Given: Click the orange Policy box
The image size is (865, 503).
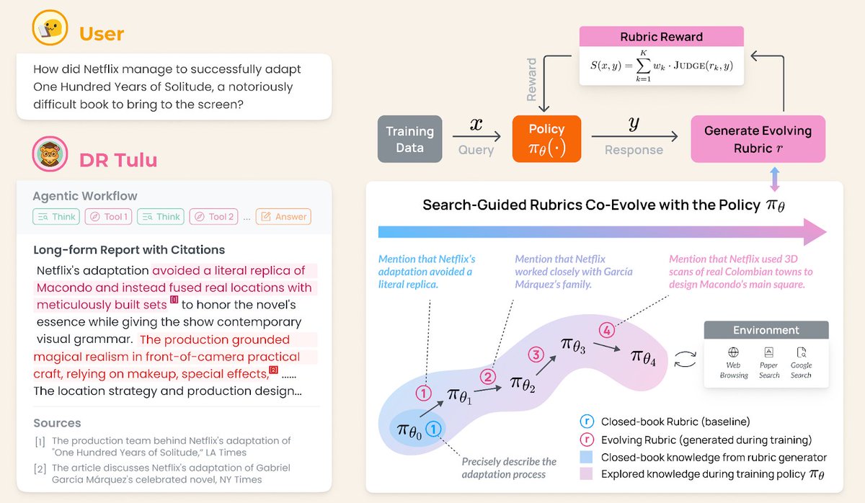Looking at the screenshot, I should click(x=546, y=138).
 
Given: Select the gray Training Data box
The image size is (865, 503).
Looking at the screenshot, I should click(x=409, y=139).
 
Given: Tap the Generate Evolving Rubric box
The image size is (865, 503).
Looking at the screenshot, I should click(x=758, y=139).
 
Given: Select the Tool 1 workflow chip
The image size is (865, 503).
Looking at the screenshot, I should click(x=107, y=217).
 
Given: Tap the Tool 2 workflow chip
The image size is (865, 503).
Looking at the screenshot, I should click(x=213, y=217).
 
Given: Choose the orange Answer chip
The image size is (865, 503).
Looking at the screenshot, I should click(x=283, y=217).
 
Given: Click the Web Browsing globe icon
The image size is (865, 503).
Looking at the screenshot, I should click(x=733, y=353).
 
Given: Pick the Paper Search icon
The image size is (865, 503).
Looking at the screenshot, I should click(x=769, y=353).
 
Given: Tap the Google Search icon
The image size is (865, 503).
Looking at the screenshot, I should click(x=801, y=353).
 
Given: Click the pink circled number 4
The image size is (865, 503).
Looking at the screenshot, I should click(x=607, y=331).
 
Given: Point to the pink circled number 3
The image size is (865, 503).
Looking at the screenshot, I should click(x=536, y=355).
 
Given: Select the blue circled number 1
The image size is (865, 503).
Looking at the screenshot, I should click(x=433, y=429).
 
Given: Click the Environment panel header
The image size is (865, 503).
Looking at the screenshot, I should click(x=766, y=330).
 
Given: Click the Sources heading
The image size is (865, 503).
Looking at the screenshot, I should click(x=57, y=423).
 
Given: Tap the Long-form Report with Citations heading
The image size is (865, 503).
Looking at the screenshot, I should click(x=129, y=250).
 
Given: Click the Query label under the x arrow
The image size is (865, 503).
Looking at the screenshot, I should click(x=476, y=150).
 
